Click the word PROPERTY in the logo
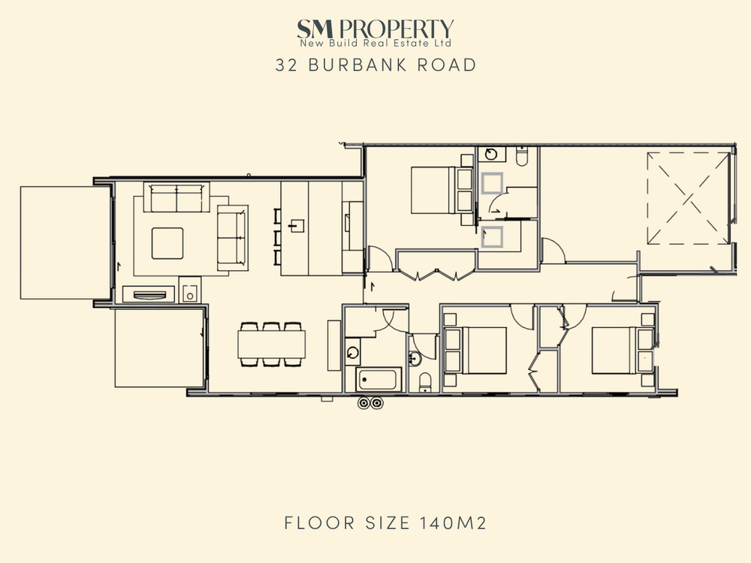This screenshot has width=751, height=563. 396,29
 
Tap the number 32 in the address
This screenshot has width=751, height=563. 286,65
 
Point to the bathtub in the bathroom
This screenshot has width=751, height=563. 379,380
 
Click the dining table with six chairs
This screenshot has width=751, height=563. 272,345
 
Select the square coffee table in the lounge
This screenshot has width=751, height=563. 167,243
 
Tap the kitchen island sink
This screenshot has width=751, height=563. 297,225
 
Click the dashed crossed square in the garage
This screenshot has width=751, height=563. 688,199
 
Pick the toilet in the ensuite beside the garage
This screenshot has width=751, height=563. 522,156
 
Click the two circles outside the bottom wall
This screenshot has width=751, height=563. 371,403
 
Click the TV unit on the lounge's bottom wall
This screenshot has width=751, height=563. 149,294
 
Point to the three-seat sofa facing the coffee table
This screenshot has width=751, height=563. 176,197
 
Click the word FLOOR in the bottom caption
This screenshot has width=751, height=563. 319,522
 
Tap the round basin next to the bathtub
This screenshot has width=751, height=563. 353,353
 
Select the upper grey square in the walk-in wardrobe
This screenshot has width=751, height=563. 492,183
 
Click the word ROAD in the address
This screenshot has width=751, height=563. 446,65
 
